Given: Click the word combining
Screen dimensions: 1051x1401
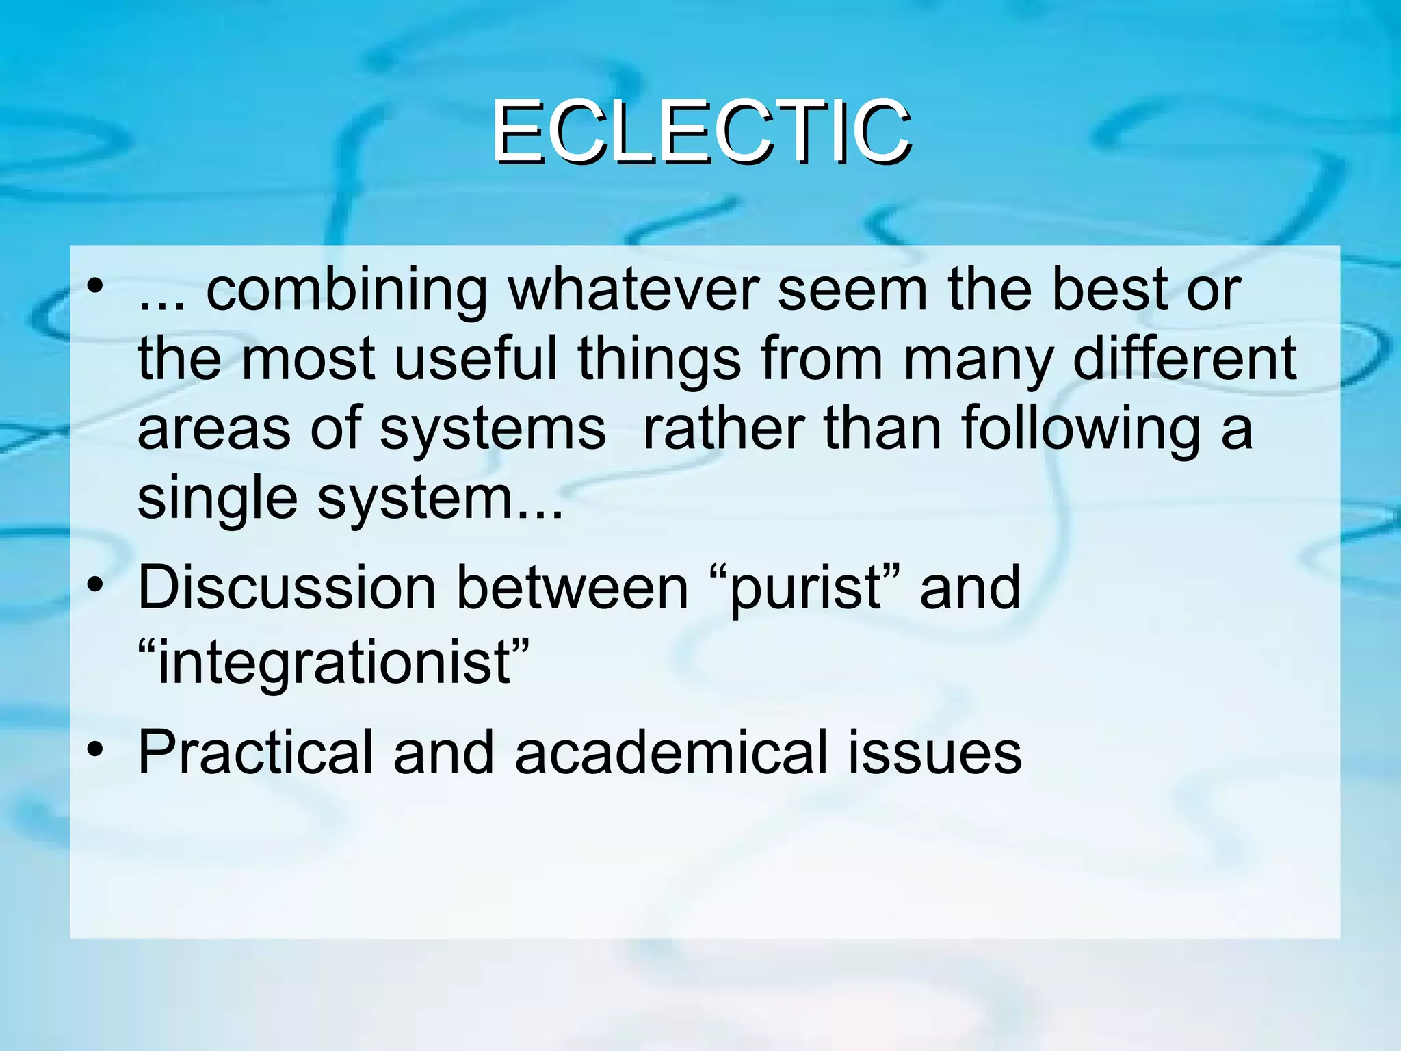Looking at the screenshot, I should click(347, 291).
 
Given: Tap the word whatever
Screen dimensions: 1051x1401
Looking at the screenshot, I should click(633, 291).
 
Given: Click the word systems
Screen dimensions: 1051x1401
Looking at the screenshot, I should click(493, 429).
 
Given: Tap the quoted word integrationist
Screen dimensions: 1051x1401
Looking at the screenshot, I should click(334, 662).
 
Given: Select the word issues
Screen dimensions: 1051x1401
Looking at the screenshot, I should click(934, 753).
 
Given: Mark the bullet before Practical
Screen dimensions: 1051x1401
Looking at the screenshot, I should click(96, 750).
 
